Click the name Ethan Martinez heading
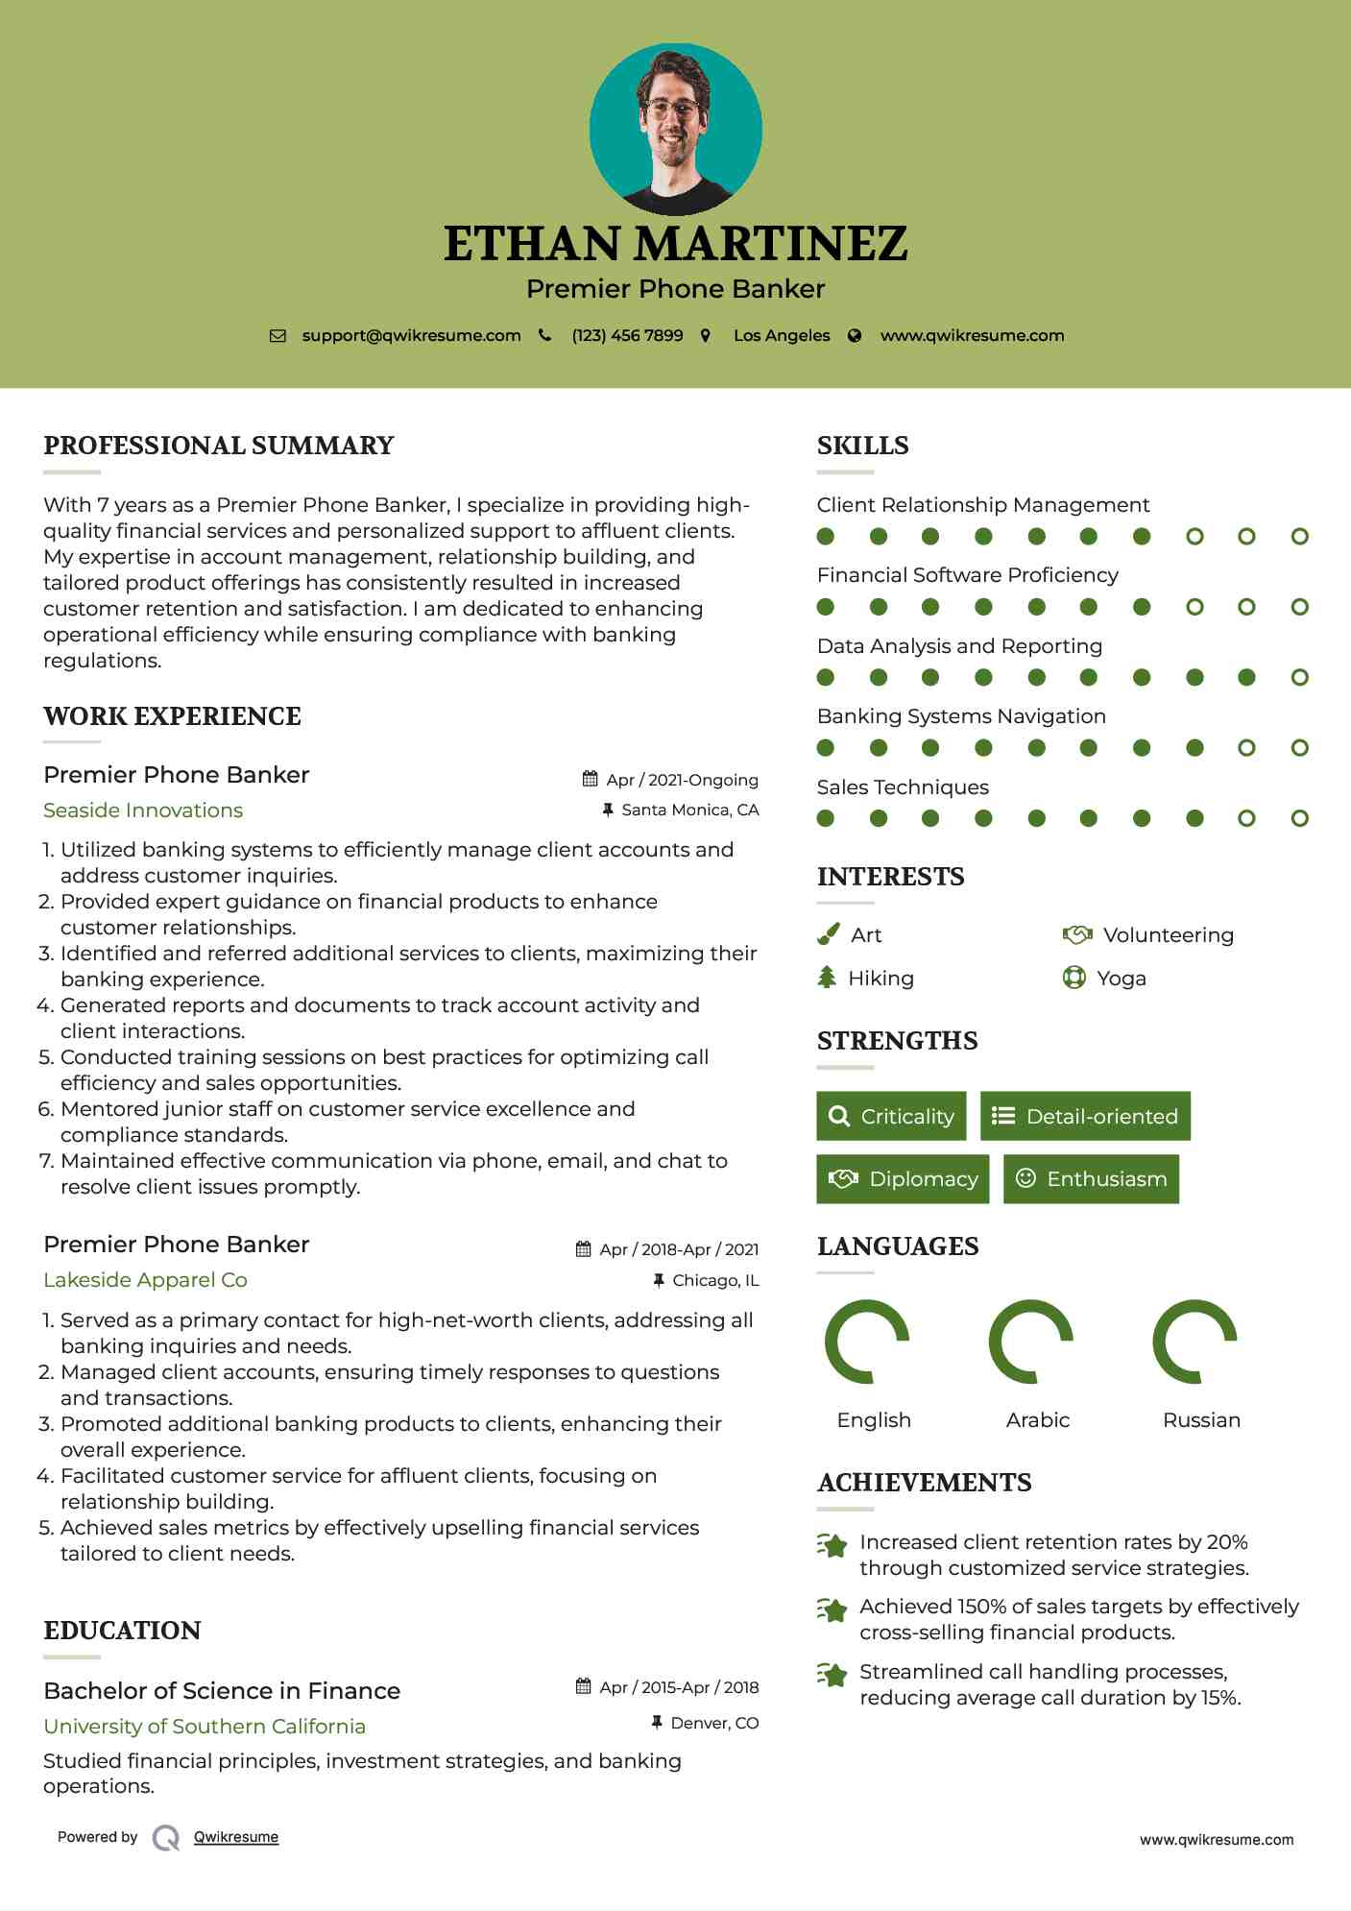[675, 244]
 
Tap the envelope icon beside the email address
[277, 336]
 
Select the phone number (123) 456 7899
[627, 336]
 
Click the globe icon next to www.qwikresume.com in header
[855, 336]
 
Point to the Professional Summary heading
[219, 446]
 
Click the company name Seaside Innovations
[143, 810]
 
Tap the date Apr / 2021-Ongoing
[682, 780]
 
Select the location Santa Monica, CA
[689, 810]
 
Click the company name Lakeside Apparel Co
[145, 1280]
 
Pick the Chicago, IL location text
[715, 1280]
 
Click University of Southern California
[205, 1727]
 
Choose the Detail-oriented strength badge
[1085, 1116]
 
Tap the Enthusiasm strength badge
[1091, 1178]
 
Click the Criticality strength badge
[891, 1116]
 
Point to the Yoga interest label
[1122, 979]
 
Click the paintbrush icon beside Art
[828, 934]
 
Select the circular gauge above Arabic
[1031, 1342]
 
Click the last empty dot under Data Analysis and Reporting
[1299, 678]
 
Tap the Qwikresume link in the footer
[236, 1837]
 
